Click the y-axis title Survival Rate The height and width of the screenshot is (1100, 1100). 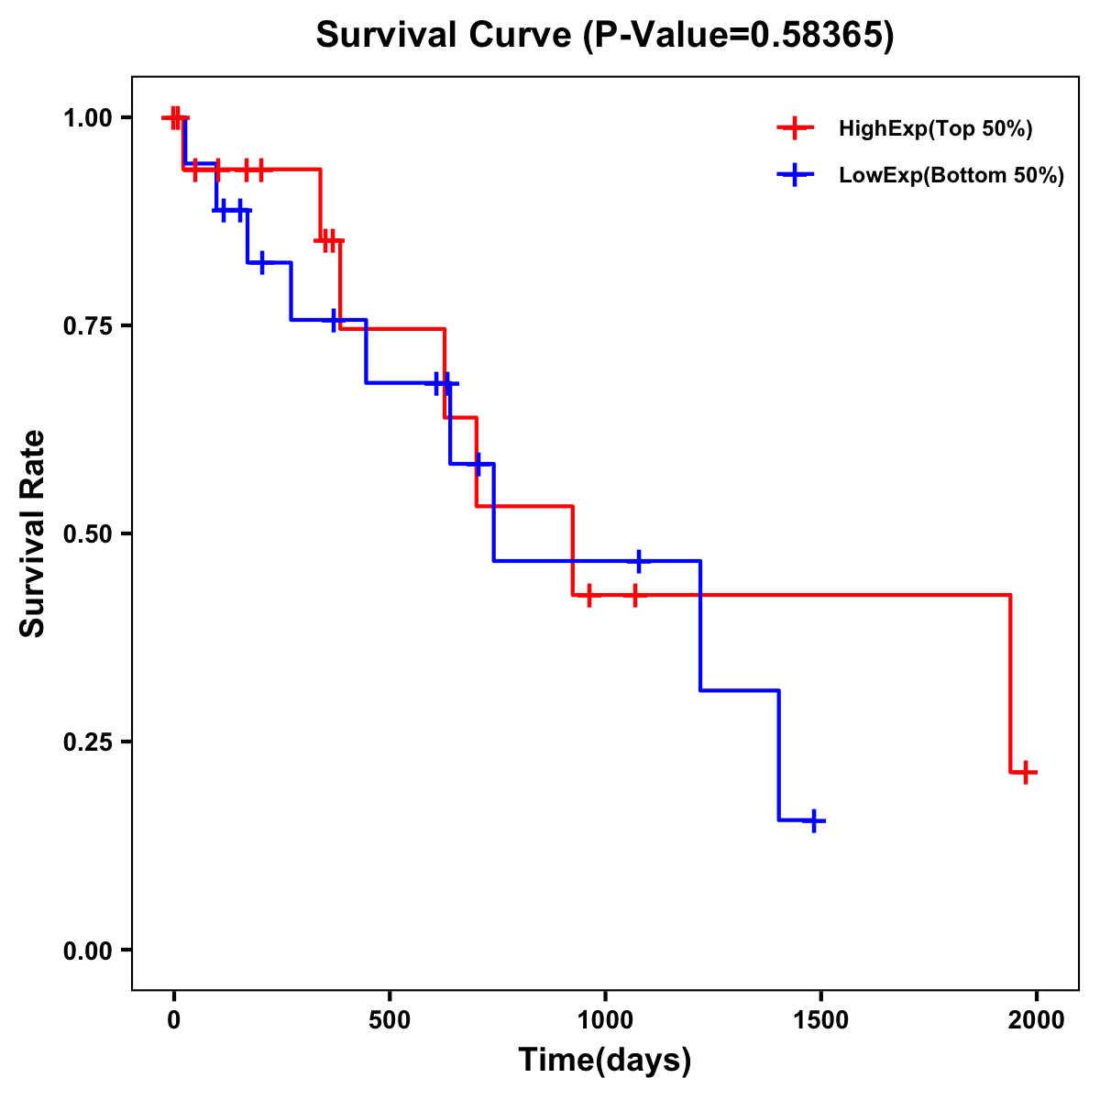pyautogui.click(x=33, y=533)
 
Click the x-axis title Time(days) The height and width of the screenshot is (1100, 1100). pyautogui.click(x=605, y=1061)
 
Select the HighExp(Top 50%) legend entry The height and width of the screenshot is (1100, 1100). pyautogui.click(x=935, y=129)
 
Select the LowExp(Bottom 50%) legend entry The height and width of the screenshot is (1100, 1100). pyautogui.click(x=951, y=176)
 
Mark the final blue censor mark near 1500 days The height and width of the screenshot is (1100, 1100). pyautogui.click(x=813, y=820)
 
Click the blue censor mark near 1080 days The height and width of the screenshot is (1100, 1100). pyautogui.click(x=639, y=560)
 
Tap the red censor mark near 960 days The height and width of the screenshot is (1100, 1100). pyautogui.click(x=588, y=595)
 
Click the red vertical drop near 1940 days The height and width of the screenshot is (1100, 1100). pyautogui.click(x=1010, y=683)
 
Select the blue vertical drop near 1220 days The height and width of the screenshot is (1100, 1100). pyautogui.click(x=700, y=625)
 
